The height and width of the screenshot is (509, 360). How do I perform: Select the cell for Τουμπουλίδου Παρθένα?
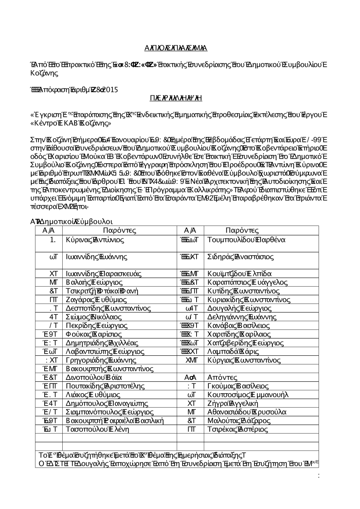[246, 240]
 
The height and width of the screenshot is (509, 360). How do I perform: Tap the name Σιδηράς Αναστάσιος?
[240, 257]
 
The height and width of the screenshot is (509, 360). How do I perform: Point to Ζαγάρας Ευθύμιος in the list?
[96, 300]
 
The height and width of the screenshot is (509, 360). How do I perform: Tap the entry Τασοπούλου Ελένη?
[95, 429]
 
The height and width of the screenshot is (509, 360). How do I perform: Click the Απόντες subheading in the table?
[222, 377]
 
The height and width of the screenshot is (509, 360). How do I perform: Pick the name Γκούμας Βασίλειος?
[238, 386]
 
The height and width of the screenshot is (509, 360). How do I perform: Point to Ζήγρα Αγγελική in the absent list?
[233, 403]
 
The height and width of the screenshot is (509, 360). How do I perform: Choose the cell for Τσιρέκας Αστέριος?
[238, 429]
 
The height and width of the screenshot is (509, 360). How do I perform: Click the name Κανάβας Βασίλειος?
[239, 326]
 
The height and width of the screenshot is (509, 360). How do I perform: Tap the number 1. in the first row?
[53, 240]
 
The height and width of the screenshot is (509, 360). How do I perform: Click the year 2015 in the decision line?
[110, 90]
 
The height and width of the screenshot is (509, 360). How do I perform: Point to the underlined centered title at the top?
[176, 48]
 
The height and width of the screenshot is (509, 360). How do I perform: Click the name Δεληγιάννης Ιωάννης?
[242, 317]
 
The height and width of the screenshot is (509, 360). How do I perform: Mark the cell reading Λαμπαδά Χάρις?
[233, 351]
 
